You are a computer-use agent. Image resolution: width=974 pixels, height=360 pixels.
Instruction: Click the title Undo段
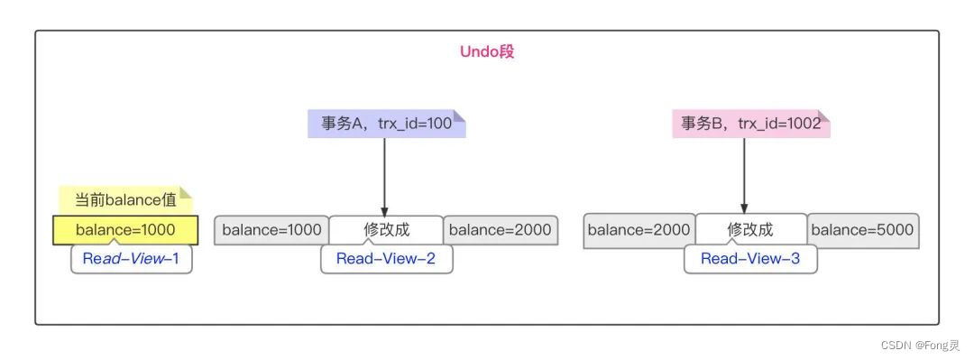pyautogui.click(x=487, y=51)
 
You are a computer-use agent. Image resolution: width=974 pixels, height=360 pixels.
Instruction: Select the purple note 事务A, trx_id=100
pyautogui.click(x=386, y=124)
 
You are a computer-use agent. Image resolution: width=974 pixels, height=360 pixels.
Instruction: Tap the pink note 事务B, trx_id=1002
pyautogui.click(x=750, y=124)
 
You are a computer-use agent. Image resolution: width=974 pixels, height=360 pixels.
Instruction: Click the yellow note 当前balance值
pyautogui.click(x=124, y=199)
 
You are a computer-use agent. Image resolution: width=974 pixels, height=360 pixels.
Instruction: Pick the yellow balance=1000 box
pyautogui.click(x=125, y=230)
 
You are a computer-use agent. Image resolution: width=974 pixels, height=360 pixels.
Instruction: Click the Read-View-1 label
pyautogui.click(x=132, y=259)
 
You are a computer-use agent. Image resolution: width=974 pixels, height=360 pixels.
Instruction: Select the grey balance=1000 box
pyautogui.click(x=271, y=230)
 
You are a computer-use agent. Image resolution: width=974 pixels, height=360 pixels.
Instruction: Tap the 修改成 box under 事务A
pyautogui.click(x=386, y=230)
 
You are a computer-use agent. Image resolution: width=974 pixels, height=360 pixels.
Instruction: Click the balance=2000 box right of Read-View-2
pyautogui.click(x=500, y=230)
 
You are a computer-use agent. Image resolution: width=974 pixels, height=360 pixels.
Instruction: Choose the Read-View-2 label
pyautogui.click(x=386, y=259)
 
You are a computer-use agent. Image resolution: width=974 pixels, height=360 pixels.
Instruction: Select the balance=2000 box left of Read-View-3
pyautogui.click(x=639, y=230)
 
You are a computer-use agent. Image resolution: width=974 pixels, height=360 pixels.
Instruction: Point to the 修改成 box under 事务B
pyautogui.click(x=750, y=230)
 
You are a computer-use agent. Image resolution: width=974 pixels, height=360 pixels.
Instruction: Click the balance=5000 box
pyautogui.click(x=862, y=230)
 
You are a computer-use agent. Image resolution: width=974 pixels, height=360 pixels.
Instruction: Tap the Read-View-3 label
pyautogui.click(x=750, y=259)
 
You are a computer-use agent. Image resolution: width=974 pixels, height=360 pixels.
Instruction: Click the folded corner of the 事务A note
pyautogui.click(x=460, y=115)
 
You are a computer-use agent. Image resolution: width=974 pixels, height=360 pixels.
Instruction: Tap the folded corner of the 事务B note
pyautogui.click(x=824, y=115)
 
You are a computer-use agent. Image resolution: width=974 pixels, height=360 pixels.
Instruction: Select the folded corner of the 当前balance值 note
pyautogui.click(x=187, y=191)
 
